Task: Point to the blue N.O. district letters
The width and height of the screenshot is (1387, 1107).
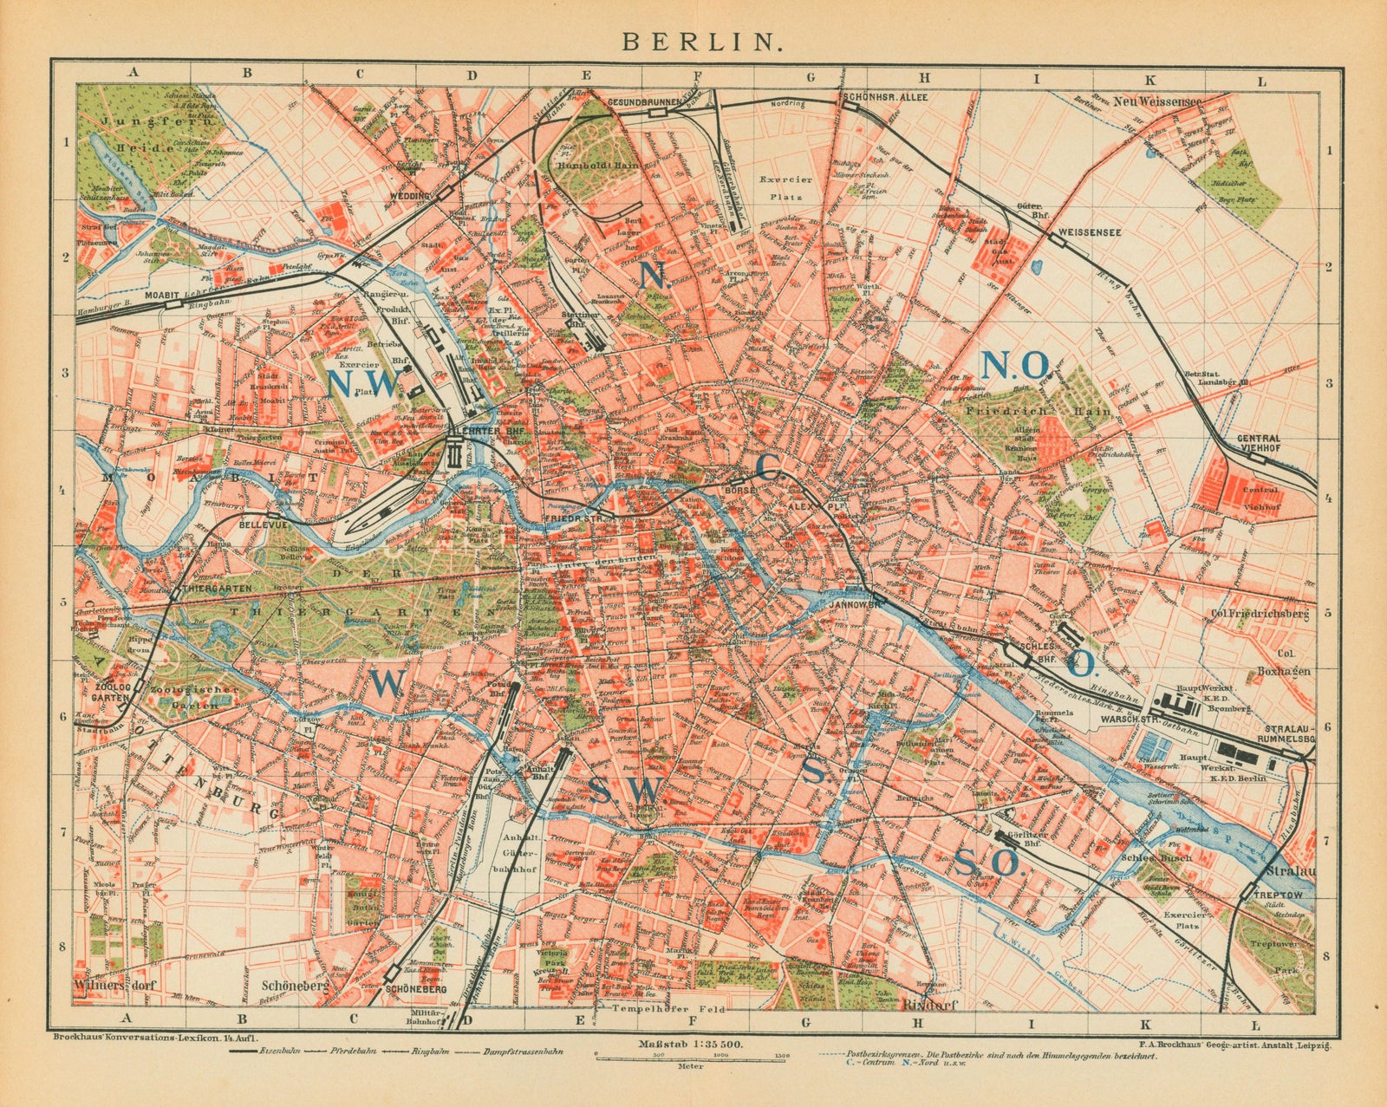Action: (1014, 367)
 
